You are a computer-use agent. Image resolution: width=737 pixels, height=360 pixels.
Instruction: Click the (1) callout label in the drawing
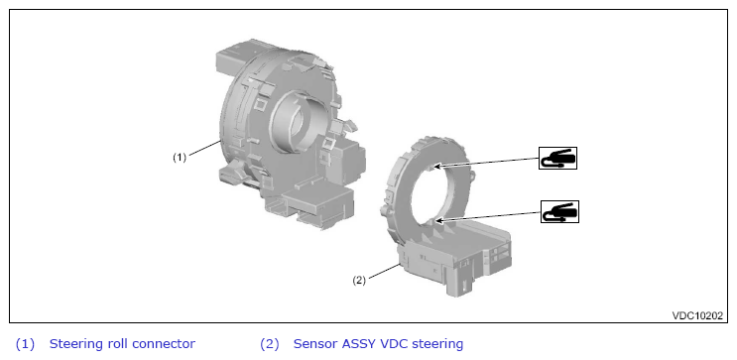(180, 158)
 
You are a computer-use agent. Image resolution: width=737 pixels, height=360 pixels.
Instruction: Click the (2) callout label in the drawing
(359, 281)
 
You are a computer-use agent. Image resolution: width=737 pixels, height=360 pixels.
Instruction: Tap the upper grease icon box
(557, 158)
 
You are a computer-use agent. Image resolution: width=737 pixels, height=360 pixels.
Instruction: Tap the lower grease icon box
(559, 211)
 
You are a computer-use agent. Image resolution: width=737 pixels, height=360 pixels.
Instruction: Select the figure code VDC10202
(697, 315)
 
